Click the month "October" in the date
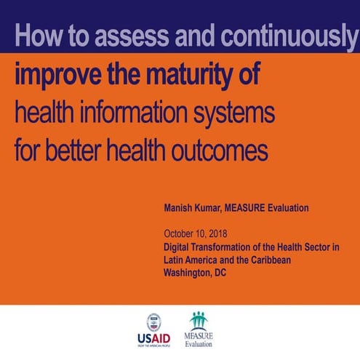click(x=180, y=234)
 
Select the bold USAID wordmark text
click(x=153, y=340)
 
